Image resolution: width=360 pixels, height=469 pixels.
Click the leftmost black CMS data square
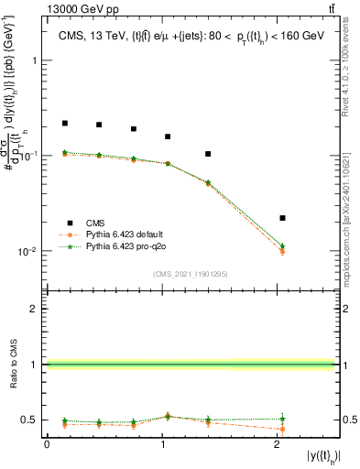click(x=65, y=123)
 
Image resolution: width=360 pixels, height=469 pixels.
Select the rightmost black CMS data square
click(x=282, y=218)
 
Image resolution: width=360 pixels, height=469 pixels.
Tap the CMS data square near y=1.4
click(x=208, y=154)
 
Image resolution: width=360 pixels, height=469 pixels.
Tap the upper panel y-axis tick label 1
click(x=35, y=60)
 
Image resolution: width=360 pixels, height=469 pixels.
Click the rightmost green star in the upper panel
click(x=282, y=246)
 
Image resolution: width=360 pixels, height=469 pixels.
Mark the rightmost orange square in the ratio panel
click(x=282, y=429)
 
